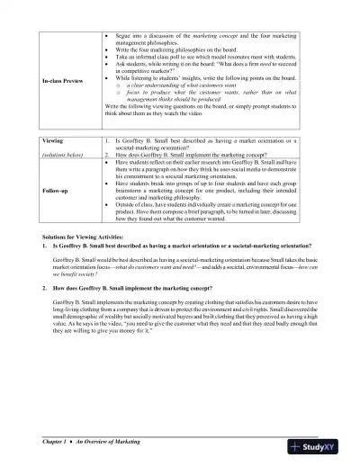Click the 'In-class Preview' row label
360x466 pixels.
pyautogui.click(x=60, y=81)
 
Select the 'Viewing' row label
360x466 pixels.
pyautogui.click(x=54, y=142)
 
